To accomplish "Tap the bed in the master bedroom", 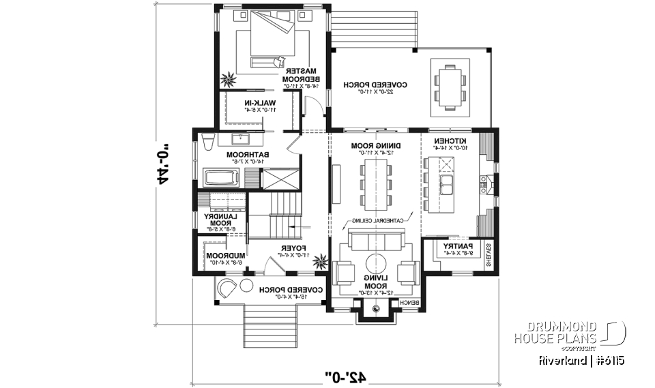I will tap(272, 37).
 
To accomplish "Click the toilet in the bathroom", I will tap(207, 140).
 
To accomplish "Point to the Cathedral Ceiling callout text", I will tap(381, 221).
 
